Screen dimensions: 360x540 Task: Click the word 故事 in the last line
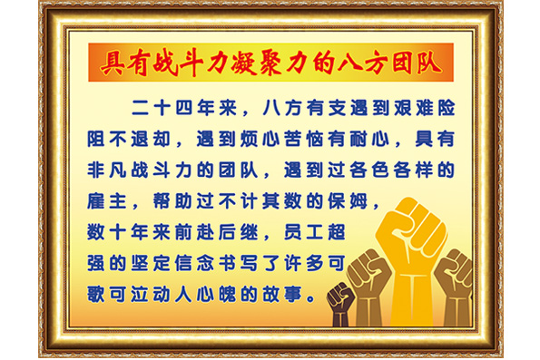click(x=289, y=294)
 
